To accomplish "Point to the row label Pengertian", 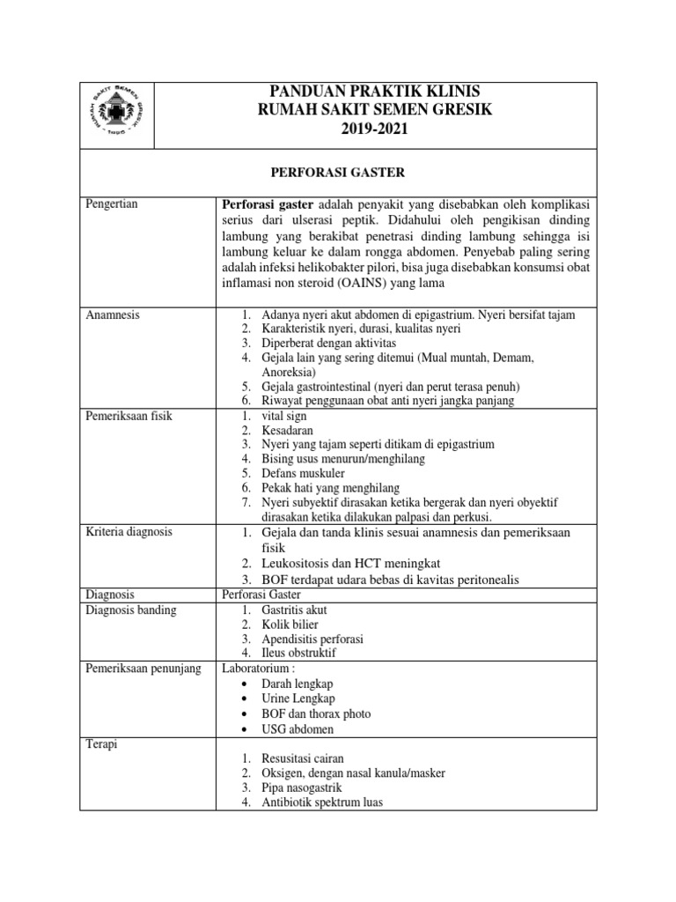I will coord(113,204).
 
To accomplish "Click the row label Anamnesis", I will coord(112,314).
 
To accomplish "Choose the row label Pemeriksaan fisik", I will coord(129,416).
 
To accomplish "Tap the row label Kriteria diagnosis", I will coord(129,532).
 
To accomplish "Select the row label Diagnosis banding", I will coord(130,610).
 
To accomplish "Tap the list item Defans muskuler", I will coord(302,473).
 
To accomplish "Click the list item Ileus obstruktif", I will coord(298,654).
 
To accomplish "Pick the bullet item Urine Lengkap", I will coord(298,699).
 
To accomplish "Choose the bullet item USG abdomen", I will coord(298,729).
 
